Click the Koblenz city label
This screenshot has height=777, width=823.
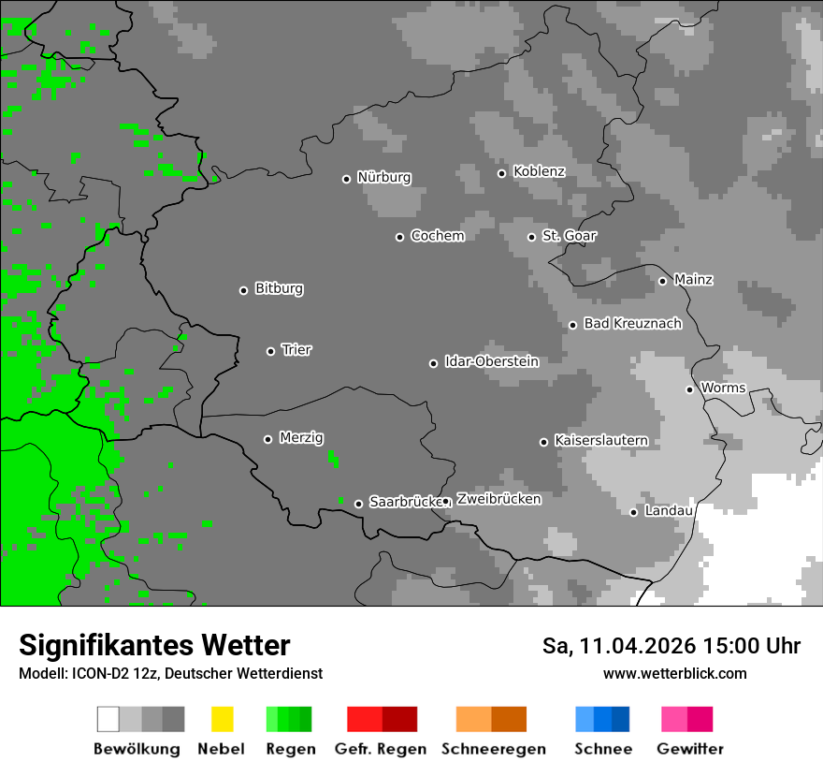click(x=539, y=171)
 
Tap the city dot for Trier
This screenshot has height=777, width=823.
click(x=271, y=351)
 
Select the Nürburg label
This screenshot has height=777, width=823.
click(x=383, y=177)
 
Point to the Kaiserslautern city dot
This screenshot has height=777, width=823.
click(x=543, y=442)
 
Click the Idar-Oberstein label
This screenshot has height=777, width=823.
click(x=491, y=361)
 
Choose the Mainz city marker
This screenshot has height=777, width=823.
click(x=662, y=281)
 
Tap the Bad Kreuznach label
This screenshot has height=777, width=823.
click(x=632, y=323)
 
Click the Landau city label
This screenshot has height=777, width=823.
click(x=668, y=510)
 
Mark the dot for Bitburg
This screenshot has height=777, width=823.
click(x=243, y=290)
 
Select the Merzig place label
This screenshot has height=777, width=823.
click(x=301, y=437)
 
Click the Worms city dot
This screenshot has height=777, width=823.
click(x=689, y=389)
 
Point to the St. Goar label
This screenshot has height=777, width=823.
click(x=569, y=235)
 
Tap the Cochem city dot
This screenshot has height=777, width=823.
click(x=399, y=237)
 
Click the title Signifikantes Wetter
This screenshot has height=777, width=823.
click(x=154, y=645)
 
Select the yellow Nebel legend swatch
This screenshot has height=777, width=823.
click(x=222, y=719)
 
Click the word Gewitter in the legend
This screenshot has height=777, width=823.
click(x=689, y=749)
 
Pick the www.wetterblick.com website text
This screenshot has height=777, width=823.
click(x=674, y=673)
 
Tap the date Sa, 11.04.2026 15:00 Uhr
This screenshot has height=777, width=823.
click(x=671, y=646)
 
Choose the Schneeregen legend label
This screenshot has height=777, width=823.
click(x=493, y=749)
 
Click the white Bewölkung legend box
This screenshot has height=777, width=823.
click(x=108, y=719)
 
